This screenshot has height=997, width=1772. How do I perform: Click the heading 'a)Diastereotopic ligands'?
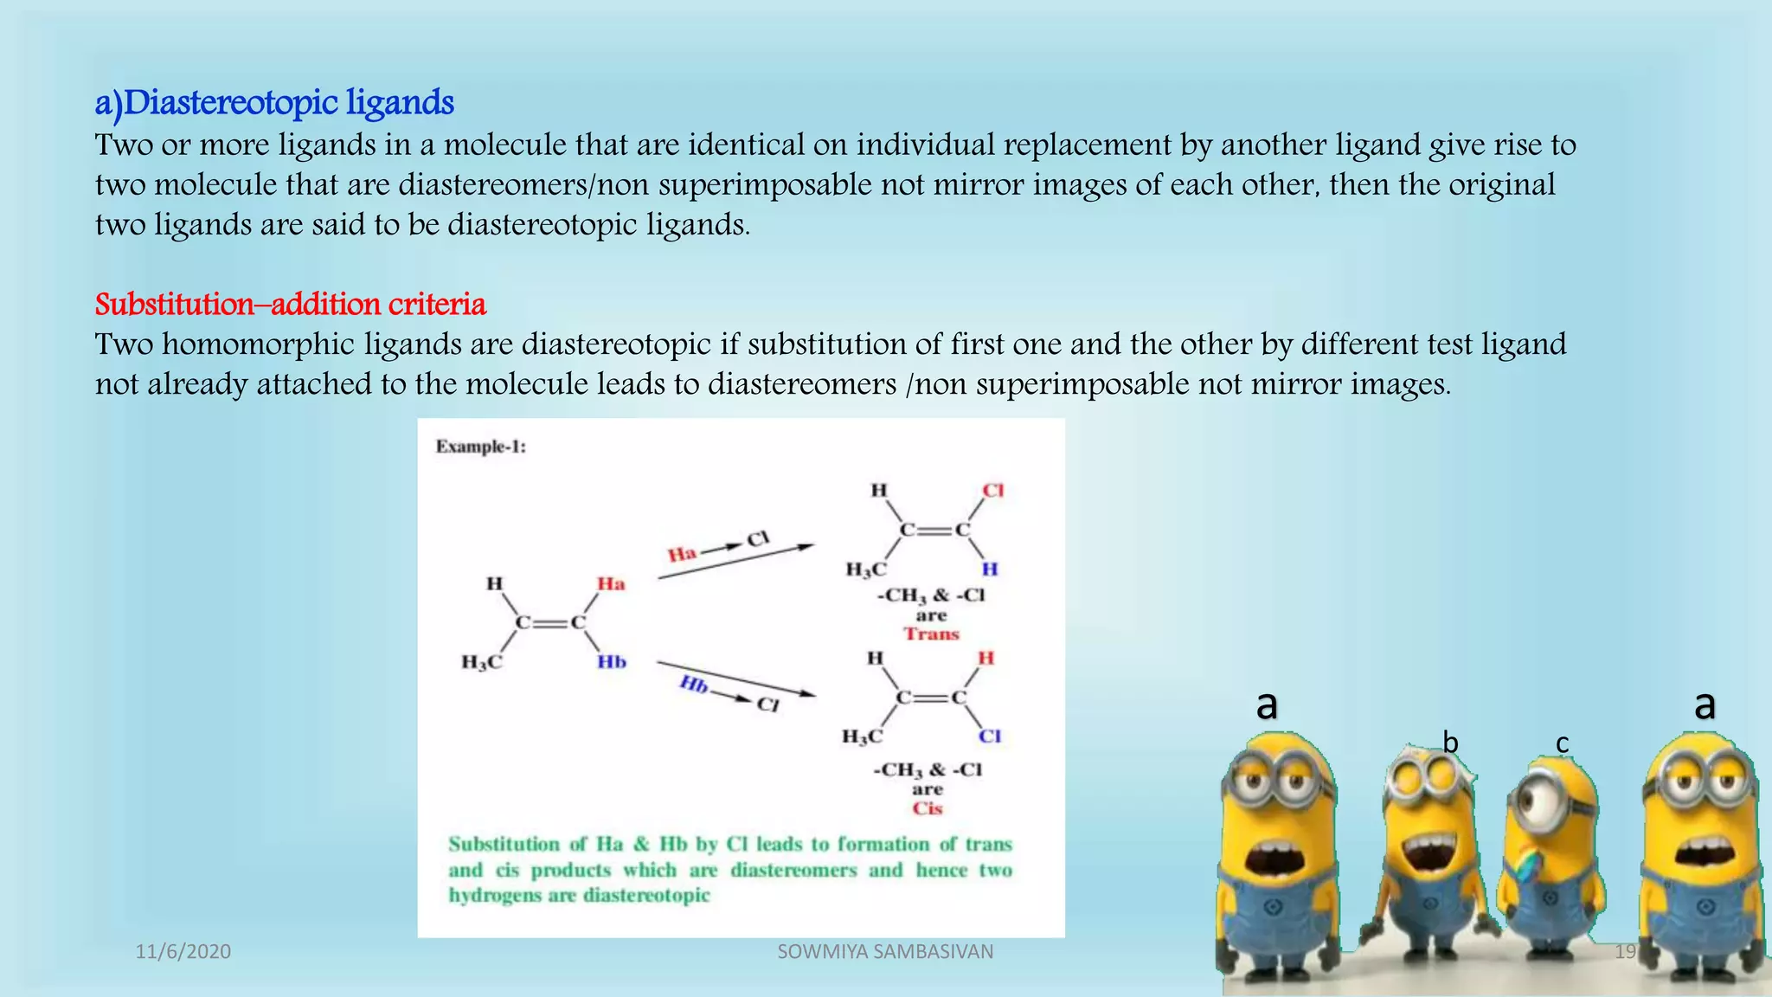[x=274, y=103]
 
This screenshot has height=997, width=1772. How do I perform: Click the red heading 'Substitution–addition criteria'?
[x=291, y=305]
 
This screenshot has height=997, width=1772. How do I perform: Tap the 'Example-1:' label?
[x=481, y=447]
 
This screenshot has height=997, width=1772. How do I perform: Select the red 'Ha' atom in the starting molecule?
[x=611, y=584]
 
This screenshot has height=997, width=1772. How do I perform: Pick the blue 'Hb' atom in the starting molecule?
[x=611, y=662]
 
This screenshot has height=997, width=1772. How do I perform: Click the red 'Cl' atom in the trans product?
[x=992, y=491]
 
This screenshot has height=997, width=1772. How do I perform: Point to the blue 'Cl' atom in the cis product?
[x=990, y=736]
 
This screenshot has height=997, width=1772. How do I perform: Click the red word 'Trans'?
[x=932, y=634]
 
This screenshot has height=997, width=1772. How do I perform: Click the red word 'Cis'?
[x=927, y=808]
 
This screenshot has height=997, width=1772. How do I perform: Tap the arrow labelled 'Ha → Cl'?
[x=735, y=562]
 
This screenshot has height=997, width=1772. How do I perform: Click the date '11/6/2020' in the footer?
[x=183, y=952]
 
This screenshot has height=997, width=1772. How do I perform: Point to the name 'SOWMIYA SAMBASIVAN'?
[x=885, y=952]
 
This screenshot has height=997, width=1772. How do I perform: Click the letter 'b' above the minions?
[x=1450, y=743]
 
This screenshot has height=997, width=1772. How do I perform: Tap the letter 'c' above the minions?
[x=1562, y=743]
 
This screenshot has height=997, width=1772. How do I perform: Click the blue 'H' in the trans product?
[x=990, y=569]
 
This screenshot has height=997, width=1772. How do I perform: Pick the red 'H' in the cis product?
[x=986, y=659]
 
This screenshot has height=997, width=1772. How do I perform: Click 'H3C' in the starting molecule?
[x=481, y=663]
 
